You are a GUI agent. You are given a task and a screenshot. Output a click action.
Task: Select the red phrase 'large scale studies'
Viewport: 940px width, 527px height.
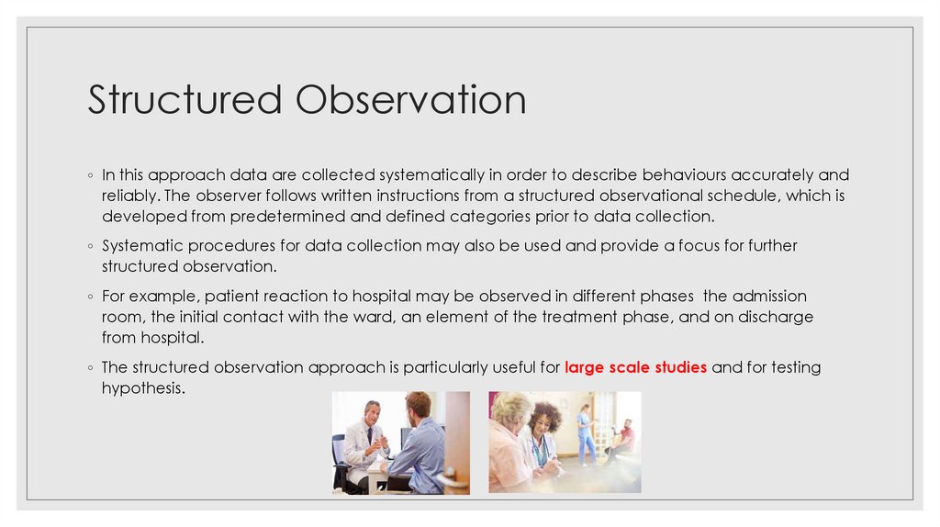(635, 367)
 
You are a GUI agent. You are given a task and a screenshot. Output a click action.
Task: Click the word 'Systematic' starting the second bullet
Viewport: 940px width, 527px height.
(139, 245)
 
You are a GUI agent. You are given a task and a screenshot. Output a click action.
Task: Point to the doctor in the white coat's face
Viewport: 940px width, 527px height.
(371, 413)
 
